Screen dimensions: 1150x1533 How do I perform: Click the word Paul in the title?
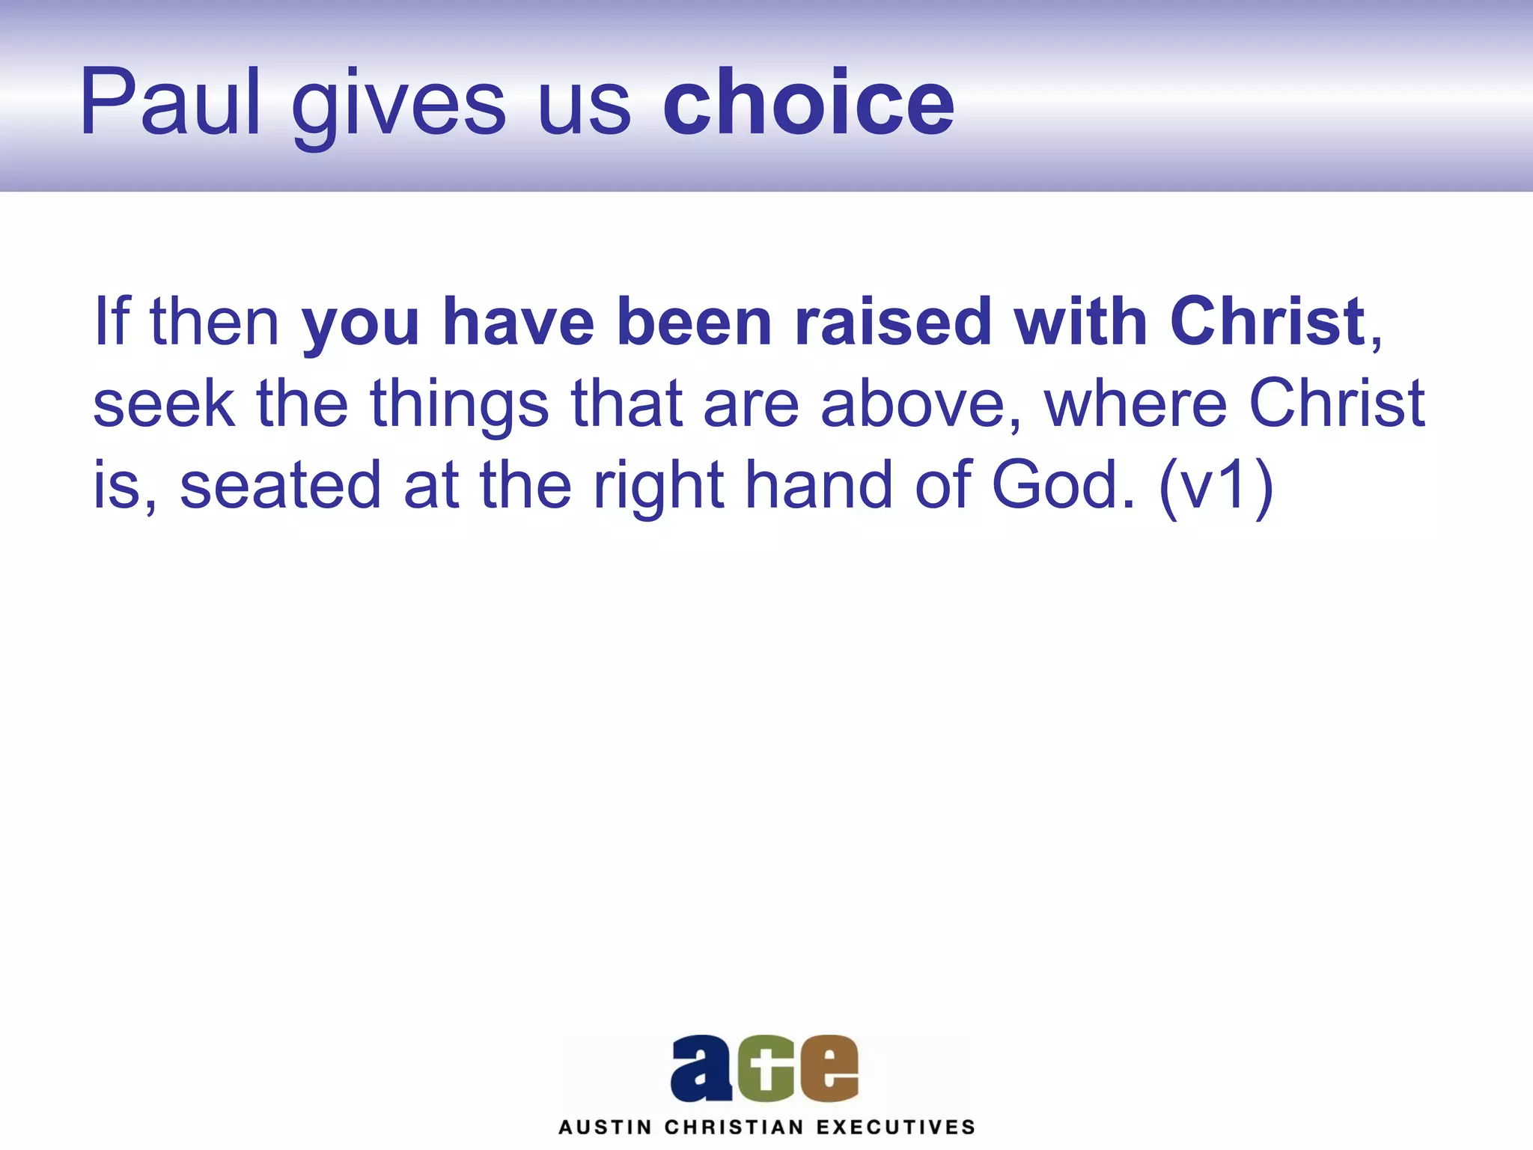[x=170, y=103]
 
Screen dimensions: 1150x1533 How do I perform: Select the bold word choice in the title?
[x=808, y=103]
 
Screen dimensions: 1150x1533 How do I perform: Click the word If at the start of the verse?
[x=112, y=321]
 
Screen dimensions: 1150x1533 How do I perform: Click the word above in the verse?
[x=920, y=404]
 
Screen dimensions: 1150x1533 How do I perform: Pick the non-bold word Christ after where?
[x=1337, y=404]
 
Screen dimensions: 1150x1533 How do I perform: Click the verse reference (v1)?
[x=1216, y=487]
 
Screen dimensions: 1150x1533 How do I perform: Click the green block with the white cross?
[x=765, y=1071]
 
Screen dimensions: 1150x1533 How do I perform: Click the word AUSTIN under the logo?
[x=605, y=1128]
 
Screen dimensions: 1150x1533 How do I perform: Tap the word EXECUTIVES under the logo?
[x=895, y=1128]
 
